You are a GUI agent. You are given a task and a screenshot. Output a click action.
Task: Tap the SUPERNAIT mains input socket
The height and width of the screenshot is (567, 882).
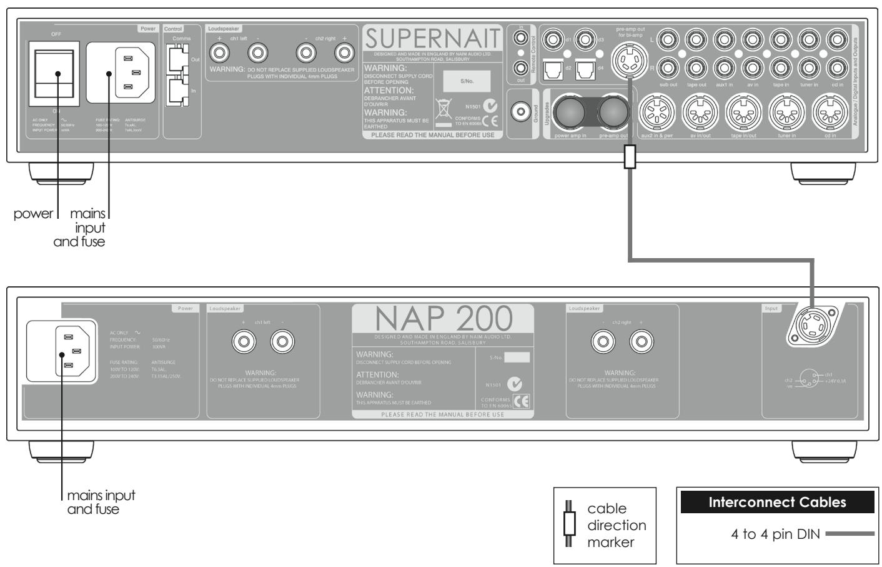point(124,72)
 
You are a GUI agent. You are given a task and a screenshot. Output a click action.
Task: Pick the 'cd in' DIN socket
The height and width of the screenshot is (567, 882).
point(830,112)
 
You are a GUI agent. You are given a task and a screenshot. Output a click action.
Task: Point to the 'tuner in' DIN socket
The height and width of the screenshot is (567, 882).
point(786,112)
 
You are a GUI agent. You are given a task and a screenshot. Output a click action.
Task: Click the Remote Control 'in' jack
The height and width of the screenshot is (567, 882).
point(520,39)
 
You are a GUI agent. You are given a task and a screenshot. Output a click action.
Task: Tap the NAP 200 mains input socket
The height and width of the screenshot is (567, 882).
point(70,353)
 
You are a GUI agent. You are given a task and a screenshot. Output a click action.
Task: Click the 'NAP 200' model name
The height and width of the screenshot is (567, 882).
point(443,320)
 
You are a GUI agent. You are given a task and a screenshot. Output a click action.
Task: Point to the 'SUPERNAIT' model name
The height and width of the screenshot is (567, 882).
point(433,41)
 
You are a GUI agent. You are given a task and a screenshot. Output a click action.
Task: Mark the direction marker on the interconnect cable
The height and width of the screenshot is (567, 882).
point(630,157)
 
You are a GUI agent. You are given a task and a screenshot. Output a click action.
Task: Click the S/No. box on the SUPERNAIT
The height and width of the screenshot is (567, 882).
point(467,81)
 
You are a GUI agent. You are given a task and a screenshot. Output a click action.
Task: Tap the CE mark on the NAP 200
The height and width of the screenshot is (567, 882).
point(521,402)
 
